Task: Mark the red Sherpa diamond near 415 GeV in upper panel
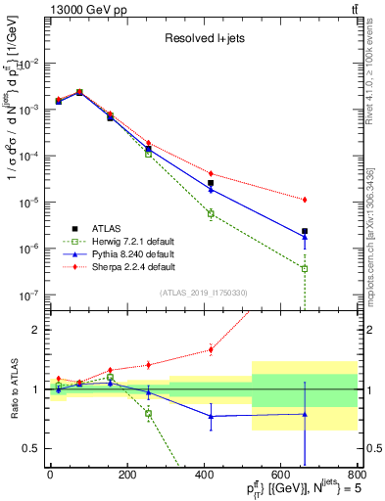pos(211,173)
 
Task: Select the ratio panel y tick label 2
pos(37,330)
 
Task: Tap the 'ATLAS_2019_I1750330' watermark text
pos(204,293)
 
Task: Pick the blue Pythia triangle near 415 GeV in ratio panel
pos(211,416)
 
